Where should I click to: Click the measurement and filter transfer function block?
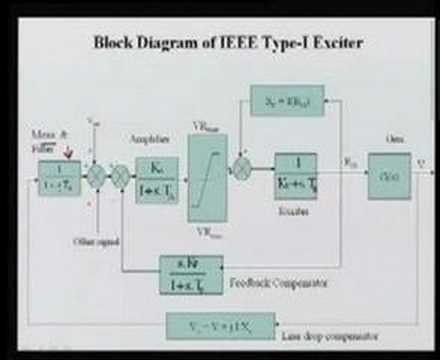click(59, 177)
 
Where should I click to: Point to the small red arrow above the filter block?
click(67, 153)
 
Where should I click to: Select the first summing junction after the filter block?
click(96, 177)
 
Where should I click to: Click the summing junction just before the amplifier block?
click(119, 177)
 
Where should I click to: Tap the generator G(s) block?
click(388, 175)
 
